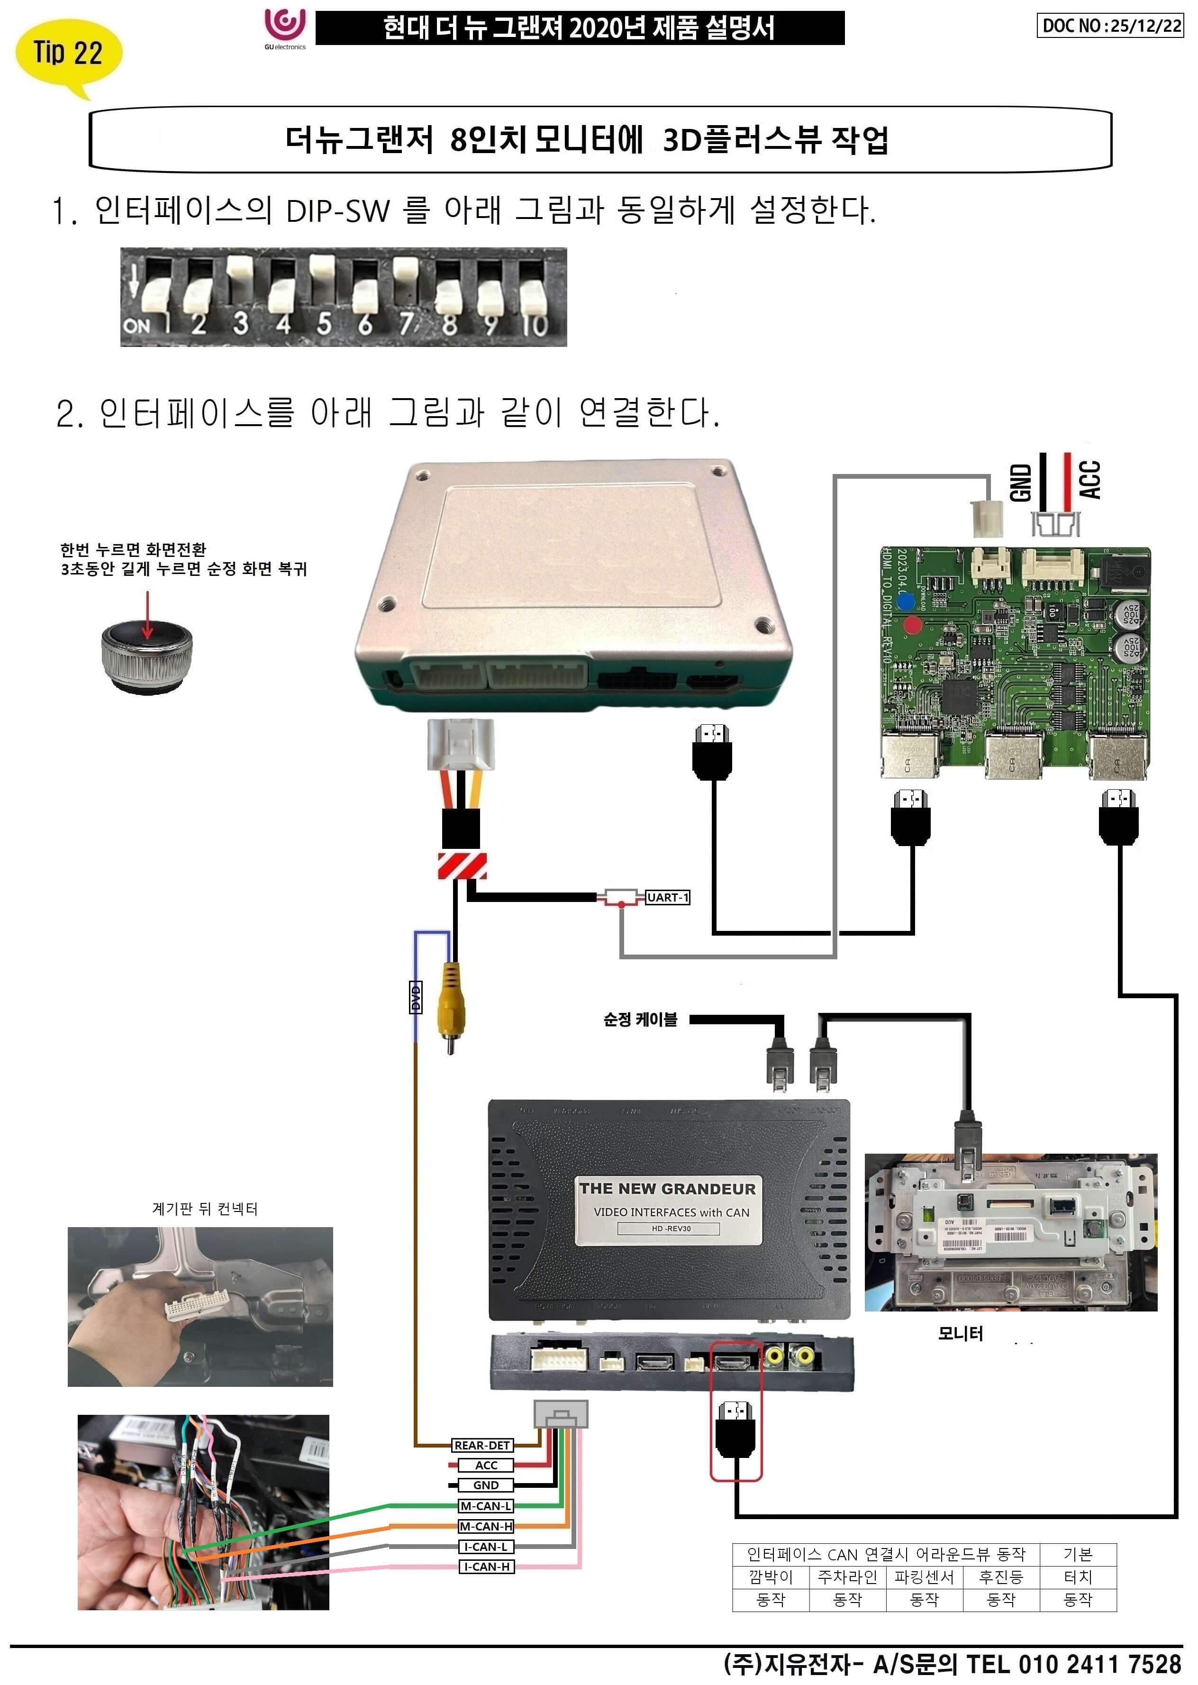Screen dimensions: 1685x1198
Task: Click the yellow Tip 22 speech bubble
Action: point(68,53)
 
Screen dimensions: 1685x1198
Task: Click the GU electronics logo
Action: point(285,28)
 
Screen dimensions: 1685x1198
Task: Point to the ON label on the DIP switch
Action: point(136,325)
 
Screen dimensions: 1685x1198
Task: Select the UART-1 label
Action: point(668,898)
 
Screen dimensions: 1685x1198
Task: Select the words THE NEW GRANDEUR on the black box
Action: point(668,1188)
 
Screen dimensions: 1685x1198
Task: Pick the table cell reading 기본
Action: point(1078,1555)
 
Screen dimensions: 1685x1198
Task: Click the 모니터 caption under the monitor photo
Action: point(961,1333)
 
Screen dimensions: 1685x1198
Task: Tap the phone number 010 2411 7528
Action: point(1099,1664)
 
